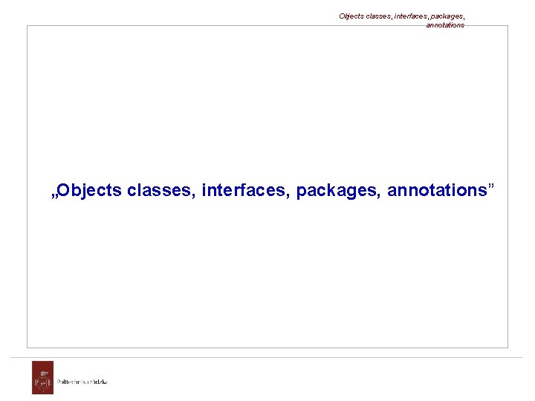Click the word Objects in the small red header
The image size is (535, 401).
coord(351,16)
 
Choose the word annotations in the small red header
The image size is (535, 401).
coord(445,25)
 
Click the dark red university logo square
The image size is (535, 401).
coord(42,377)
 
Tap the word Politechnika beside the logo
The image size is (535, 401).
coord(71,382)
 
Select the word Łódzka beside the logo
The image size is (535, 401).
coord(98,382)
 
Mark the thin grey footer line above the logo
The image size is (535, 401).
coord(267,357)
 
